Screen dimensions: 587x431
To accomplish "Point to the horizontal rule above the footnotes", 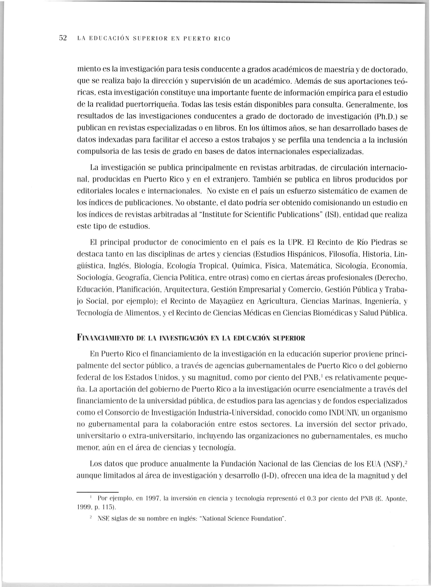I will [x=97, y=492].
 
